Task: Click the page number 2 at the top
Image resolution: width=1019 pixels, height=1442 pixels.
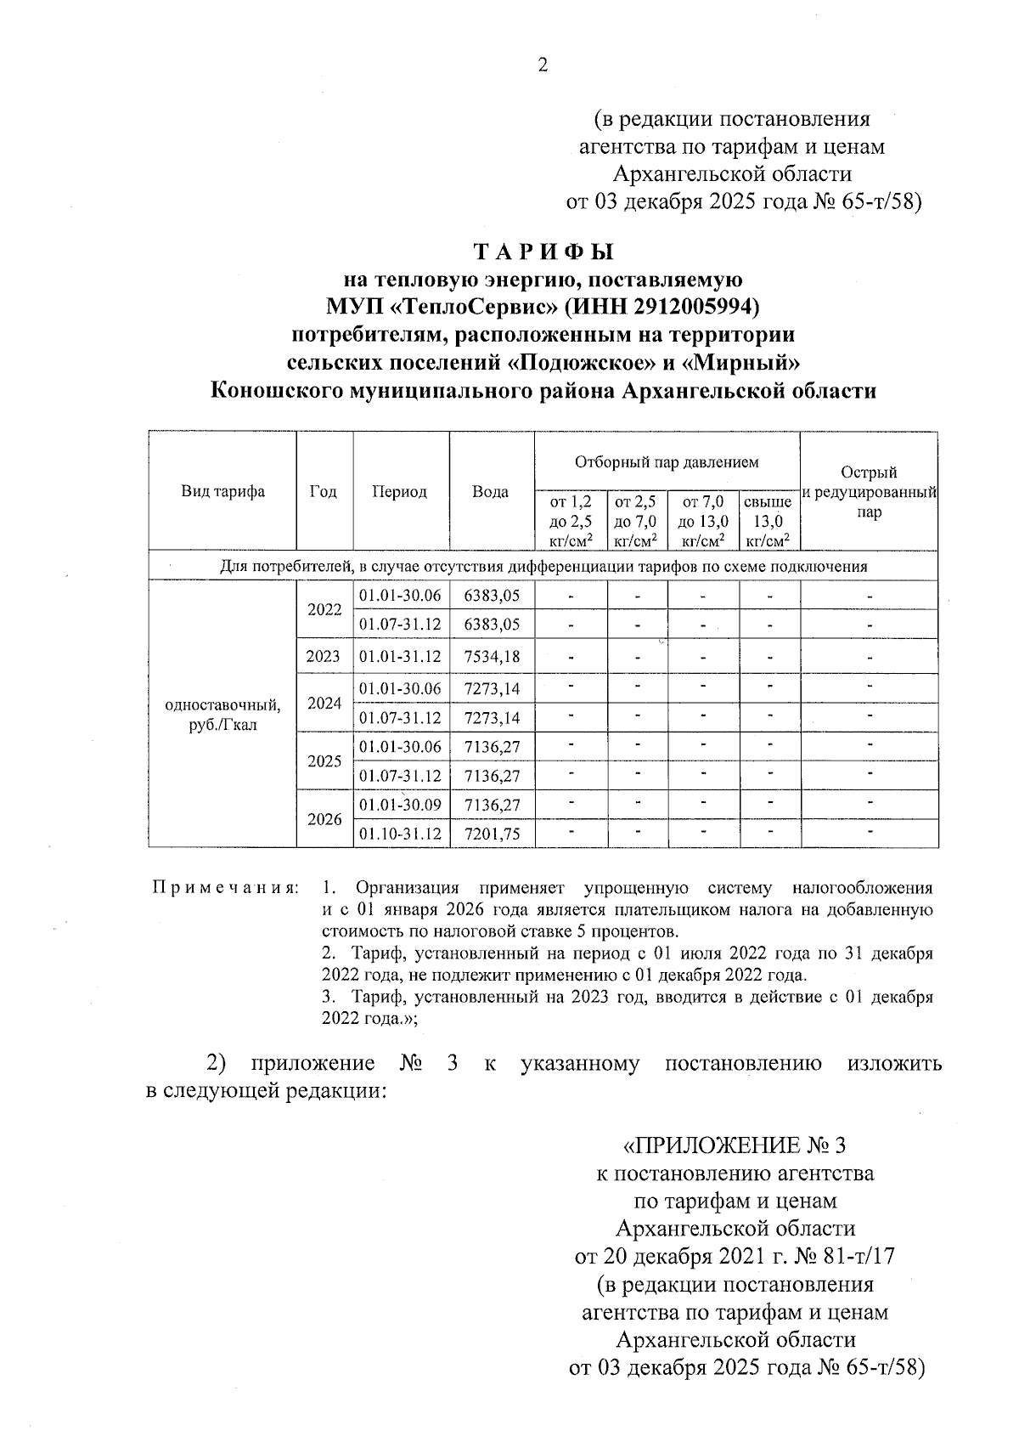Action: [543, 65]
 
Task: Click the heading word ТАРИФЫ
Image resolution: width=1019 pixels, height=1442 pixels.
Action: [543, 253]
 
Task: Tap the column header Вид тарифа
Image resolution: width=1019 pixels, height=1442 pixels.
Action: [222, 491]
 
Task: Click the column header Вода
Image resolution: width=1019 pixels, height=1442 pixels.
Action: [491, 491]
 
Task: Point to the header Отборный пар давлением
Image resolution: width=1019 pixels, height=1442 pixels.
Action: [667, 462]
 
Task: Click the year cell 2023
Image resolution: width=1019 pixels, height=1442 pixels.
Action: [324, 656]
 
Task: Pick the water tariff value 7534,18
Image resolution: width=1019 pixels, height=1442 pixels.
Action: [492, 656]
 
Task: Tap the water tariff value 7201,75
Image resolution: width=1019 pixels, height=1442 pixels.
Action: [492, 834]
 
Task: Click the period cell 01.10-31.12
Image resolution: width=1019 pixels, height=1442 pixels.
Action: [400, 834]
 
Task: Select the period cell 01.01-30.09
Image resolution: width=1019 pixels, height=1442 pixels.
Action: [400, 804]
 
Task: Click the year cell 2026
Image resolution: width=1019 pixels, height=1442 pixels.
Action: [324, 819]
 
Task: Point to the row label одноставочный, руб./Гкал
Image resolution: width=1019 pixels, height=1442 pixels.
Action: [222, 715]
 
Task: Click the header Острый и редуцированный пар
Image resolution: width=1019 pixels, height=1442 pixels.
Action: [869, 493]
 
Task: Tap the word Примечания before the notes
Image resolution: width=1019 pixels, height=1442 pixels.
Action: [224, 889]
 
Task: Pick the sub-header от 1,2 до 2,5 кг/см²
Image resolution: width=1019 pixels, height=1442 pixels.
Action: [571, 521]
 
